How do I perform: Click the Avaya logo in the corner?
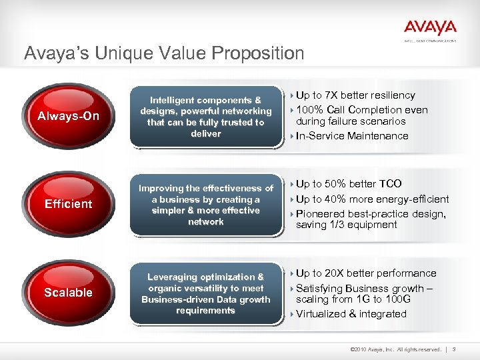pyautogui.click(x=429, y=29)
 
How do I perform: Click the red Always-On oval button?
pyautogui.click(x=68, y=117)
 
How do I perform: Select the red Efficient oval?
pyautogui.click(x=68, y=204)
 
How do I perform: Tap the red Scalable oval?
pyautogui.click(x=68, y=293)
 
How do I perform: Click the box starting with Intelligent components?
pyautogui.click(x=205, y=117)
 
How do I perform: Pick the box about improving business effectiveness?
pyautogui.click(x=205, y=205)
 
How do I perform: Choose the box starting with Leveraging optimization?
pyautogui.click(x=205, y=293)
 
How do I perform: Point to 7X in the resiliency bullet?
pyautogui.click(x=331, y=95)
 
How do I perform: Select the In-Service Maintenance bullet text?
pyautogui.click(x=352, y=136)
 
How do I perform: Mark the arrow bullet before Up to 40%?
pyautogui.click(x=291, y=199)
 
